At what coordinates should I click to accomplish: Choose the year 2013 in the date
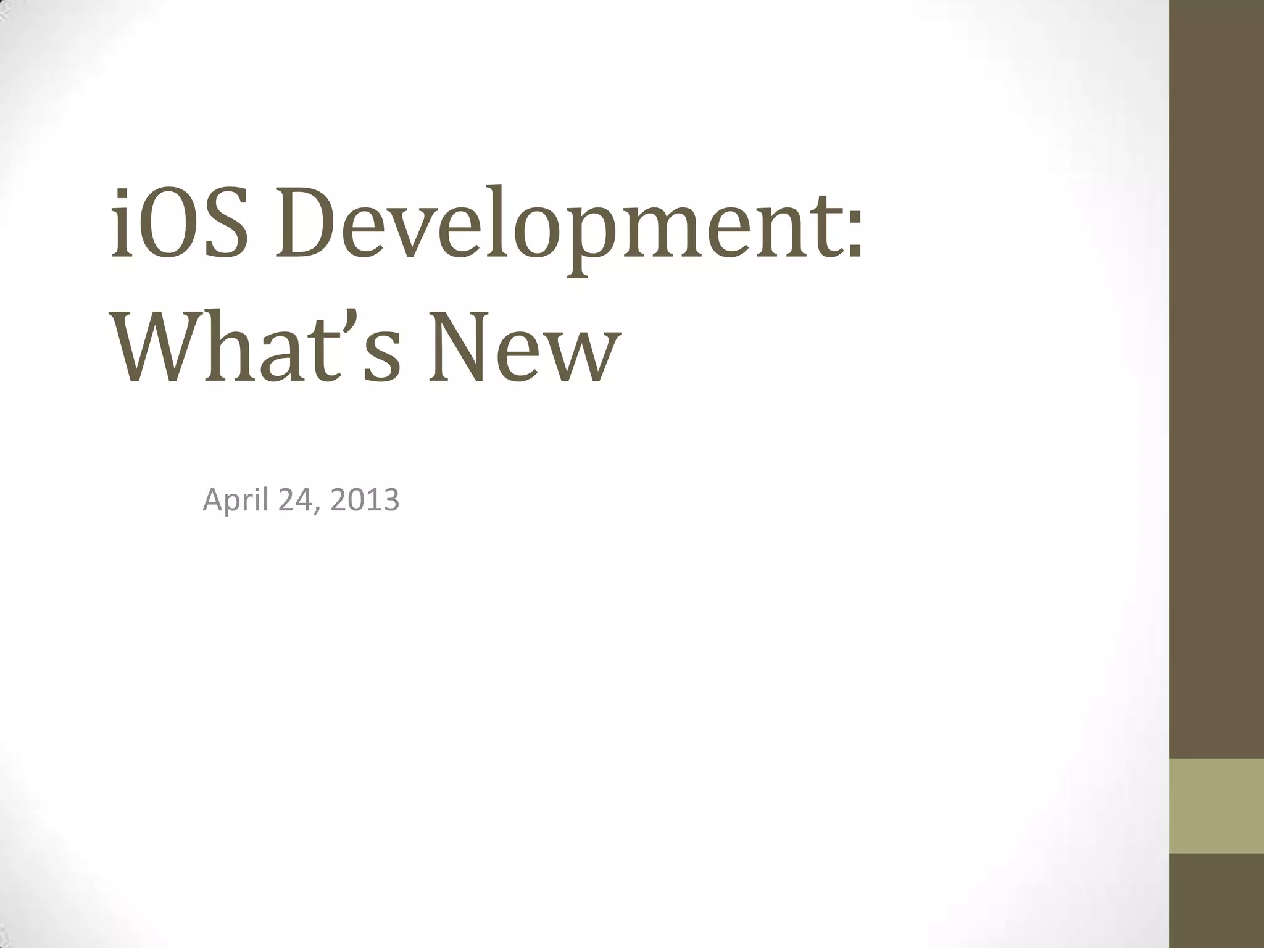click(365, 501)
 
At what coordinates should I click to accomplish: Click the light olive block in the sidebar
click(1216, 806)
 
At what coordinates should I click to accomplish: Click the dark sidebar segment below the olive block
click(1216, 901)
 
